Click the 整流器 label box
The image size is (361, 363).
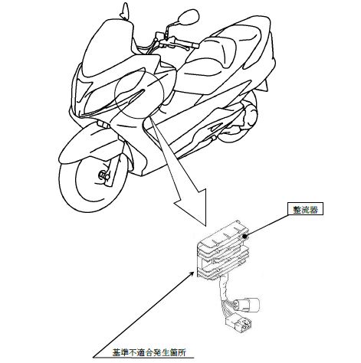306,209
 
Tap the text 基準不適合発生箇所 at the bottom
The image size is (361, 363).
149,352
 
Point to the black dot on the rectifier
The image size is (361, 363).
245,237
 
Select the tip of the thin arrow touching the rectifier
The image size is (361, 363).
194,273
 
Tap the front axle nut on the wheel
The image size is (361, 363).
103,175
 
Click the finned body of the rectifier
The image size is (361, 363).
222,250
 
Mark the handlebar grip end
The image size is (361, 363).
196,46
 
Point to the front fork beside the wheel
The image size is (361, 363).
114,170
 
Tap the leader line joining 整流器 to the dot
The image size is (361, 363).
267,226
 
